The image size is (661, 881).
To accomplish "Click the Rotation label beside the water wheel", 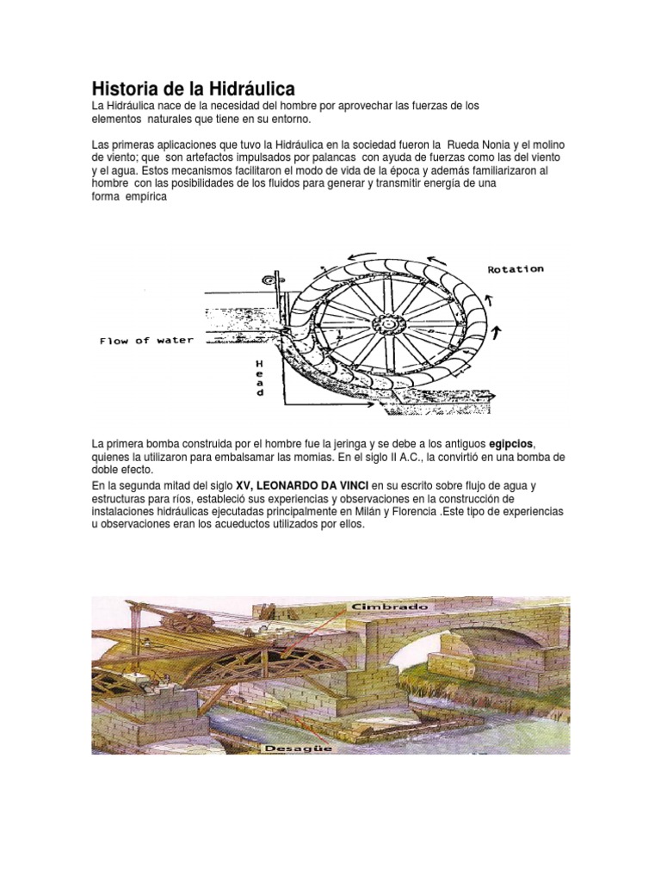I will [x=516, y=269].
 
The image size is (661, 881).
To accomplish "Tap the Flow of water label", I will [x=146, y=341].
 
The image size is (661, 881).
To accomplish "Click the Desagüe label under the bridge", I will [x=299, y=748].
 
